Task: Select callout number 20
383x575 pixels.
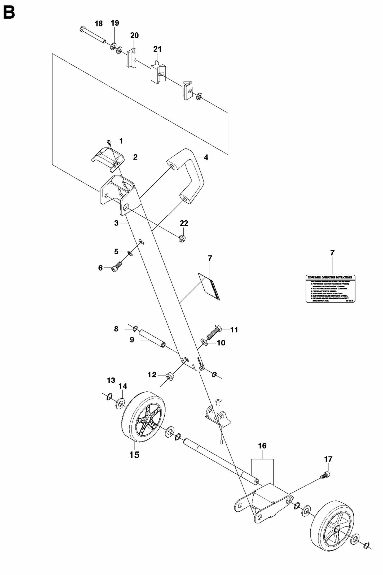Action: point(134,35)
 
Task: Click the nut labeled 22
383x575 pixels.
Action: point(182,238)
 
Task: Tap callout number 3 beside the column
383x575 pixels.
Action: point(116,223)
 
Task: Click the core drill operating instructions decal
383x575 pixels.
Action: point(331,289)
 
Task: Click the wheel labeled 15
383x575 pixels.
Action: point(143,419)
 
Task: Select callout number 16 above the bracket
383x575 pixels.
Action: point(262,446)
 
